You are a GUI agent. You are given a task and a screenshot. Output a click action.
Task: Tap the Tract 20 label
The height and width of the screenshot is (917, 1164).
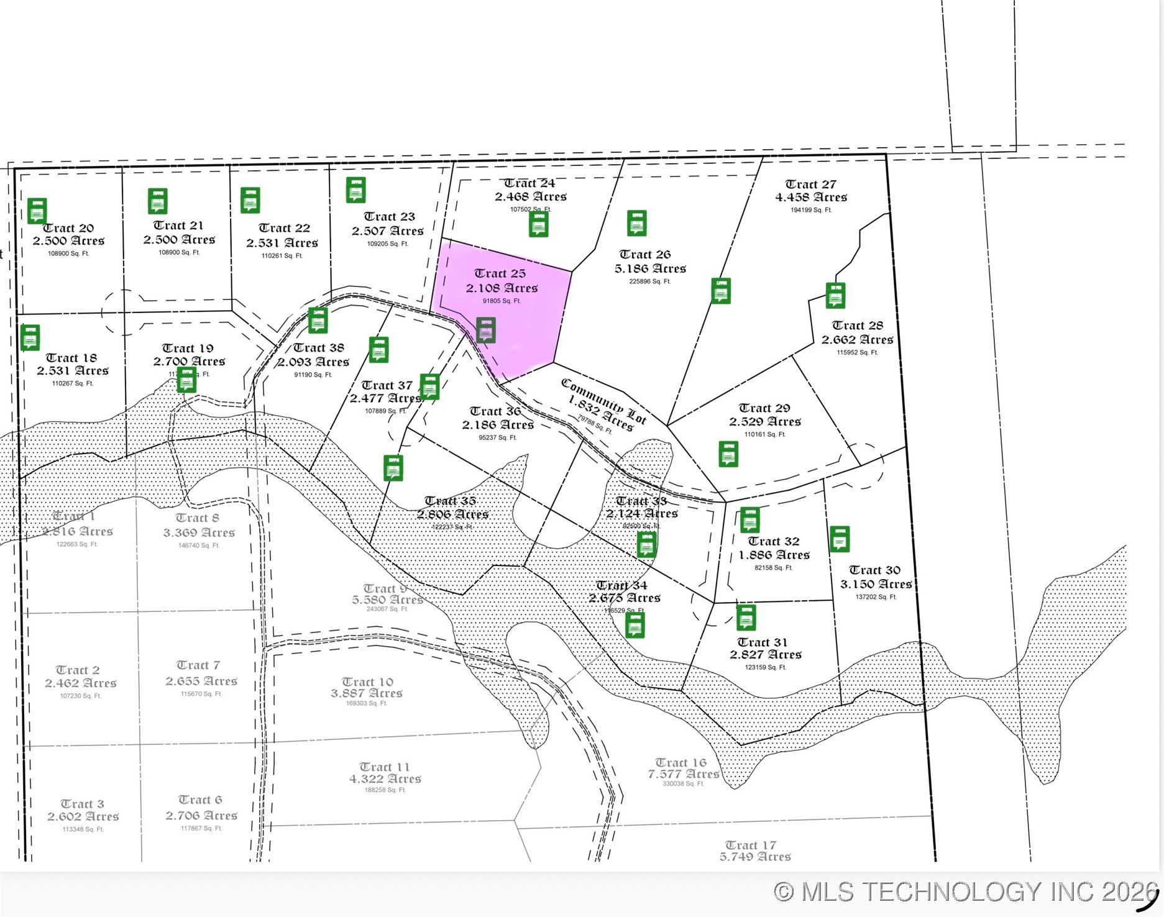point(68,228)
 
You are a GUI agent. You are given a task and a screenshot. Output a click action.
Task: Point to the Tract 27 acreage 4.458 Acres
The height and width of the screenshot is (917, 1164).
point(811,197)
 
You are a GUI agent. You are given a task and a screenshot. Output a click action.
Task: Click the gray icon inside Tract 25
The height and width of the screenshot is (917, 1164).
point(486,330)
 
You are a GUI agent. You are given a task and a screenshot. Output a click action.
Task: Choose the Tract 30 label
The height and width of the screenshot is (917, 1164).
point(874,570)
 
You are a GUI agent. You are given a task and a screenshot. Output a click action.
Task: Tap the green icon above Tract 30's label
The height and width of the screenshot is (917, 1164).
point(840,539)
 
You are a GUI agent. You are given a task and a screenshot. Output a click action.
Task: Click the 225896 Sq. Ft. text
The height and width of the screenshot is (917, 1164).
point(650,281)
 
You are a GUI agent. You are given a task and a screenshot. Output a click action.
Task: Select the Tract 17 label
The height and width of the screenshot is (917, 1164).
point(750,845)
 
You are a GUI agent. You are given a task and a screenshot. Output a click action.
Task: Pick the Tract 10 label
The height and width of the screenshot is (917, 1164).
point(367,682)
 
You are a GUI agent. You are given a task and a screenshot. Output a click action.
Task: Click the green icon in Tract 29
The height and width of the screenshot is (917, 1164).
point(728,454)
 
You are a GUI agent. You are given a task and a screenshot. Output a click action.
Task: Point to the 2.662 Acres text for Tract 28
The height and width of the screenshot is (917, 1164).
point(857,339)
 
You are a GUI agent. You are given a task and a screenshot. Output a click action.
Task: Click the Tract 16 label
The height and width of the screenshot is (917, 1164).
point(681,762)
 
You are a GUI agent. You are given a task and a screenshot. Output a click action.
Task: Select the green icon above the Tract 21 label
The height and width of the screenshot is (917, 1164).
point(158,201)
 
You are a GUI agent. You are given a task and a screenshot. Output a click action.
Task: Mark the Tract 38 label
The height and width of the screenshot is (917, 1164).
point(318,347)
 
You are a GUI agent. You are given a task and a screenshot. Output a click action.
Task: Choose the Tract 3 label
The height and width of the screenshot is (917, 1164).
point(82,803)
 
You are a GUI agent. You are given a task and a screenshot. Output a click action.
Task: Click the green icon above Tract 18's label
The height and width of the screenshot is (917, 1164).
point(30,337)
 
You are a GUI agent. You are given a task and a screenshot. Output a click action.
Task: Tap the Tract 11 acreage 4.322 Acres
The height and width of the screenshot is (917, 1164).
point(385,778)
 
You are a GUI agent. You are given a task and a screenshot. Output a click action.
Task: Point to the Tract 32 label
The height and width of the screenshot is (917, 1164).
point(774,541)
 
